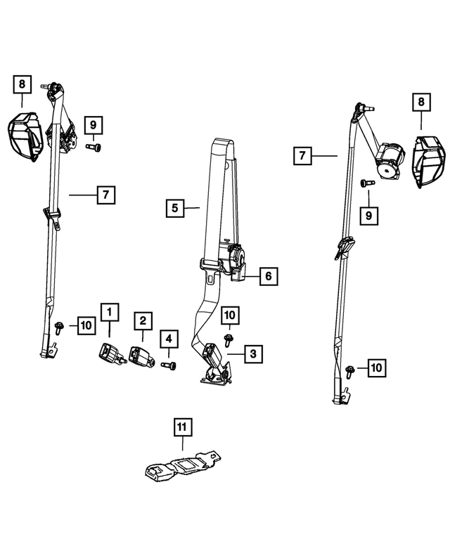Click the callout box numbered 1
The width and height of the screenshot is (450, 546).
(110, 312)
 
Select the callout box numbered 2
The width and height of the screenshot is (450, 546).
(143, 320)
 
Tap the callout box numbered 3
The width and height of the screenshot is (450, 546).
(253, 353)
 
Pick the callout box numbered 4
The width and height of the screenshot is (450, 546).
(169, 339)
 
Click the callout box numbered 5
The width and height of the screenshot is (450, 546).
(175, 208)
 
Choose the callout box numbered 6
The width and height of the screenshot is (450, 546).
(269, 276)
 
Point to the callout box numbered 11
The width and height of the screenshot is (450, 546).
(183, 427)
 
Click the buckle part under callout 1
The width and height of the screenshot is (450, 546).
(112, 354)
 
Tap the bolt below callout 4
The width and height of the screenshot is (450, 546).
(169, 365)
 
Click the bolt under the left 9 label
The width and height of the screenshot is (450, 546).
(94, 148)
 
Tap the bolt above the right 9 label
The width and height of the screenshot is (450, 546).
(368, 183)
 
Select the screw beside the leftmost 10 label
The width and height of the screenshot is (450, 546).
(59, 327)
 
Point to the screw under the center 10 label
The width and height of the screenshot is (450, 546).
(229, 339)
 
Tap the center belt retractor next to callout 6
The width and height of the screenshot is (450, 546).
(233, 259)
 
